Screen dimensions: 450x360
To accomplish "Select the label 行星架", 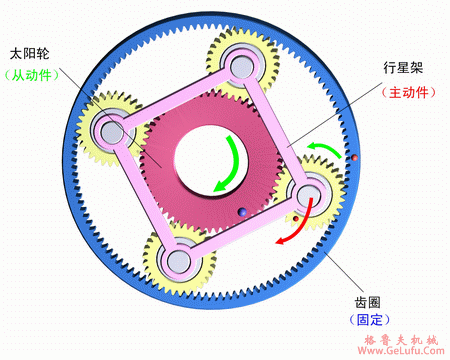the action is coord(403,67).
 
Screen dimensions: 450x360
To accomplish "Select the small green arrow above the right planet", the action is coord(324,151).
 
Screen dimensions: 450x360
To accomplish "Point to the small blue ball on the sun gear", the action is coord(242,211).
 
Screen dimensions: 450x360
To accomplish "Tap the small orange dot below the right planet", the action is coord(296,215).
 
